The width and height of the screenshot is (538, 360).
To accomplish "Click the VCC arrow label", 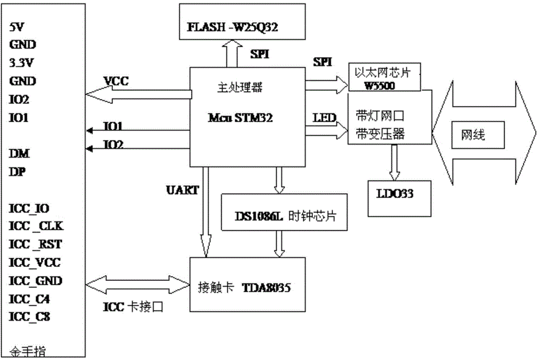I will coord(116,82).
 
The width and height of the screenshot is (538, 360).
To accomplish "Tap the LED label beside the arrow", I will coord(325,117).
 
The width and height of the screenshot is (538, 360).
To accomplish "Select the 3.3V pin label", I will coord(22,63).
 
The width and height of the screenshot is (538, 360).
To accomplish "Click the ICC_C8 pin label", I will coord(30,317).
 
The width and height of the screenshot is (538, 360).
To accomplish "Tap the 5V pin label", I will coord(17,26).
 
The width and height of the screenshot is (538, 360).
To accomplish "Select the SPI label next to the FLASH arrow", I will coord(261,54).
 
